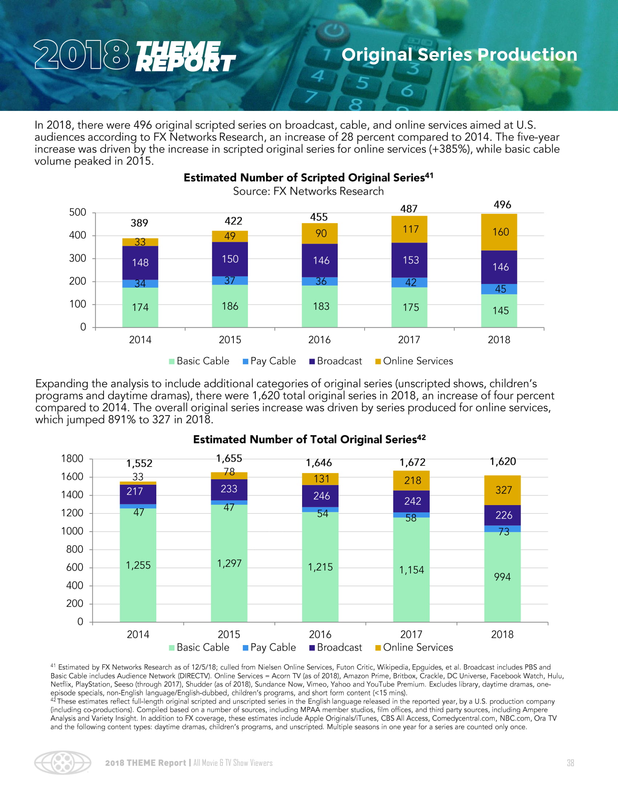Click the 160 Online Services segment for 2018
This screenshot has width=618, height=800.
tap(500, 232)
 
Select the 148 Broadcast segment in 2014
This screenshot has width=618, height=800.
tap(140, 263)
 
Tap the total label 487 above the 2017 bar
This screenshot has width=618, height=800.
tap(409, 209)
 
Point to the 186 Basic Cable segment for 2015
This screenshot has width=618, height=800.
tap(230, 306)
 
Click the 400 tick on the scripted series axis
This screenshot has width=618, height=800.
tap(78, 235)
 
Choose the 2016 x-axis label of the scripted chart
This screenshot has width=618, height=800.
tap(319, 340)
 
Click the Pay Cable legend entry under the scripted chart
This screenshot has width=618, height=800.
tap(269, 361)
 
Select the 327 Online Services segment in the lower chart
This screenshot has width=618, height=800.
tap(503, 490)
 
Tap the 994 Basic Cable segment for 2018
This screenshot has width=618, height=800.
tap(502, 577)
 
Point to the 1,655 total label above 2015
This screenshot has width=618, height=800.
tap(229, 459)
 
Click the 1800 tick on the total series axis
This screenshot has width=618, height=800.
tap(72, 459)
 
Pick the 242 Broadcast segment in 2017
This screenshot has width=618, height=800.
tap(412, 501)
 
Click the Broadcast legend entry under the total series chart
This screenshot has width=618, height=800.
tap(336, 648)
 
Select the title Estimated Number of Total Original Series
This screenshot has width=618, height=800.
tap(309, 440)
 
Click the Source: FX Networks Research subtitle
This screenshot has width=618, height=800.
tap(308, 191)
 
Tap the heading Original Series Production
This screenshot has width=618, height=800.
tap(459, 55)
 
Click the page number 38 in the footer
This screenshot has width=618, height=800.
tap(570, 763)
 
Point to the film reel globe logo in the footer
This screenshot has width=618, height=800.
tap(63, 763)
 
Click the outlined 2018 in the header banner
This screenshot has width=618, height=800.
tap(82, 55)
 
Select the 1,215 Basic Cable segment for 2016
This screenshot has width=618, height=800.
tap(320, 567)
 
